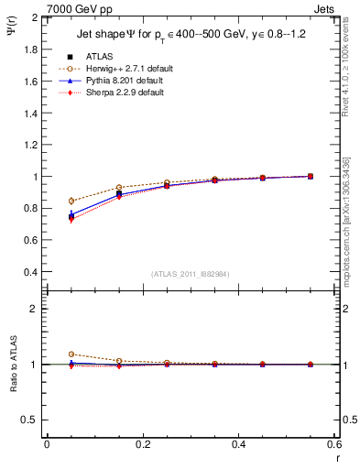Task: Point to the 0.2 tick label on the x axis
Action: point(142,443)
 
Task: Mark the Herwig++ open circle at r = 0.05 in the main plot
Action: point(71,201)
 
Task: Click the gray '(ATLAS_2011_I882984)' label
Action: point(191,274)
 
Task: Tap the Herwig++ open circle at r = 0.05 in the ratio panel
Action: point(71,354)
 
